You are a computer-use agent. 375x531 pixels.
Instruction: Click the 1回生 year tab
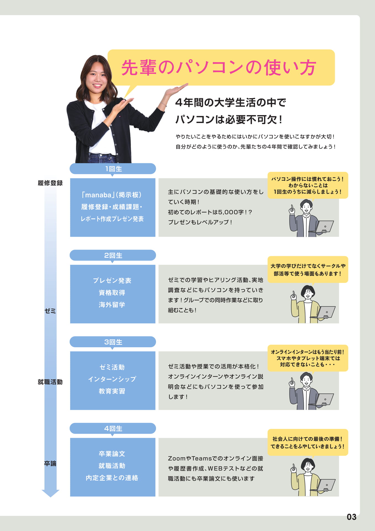click(113, 169)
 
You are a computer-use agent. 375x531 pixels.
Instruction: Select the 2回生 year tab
click(113, 255)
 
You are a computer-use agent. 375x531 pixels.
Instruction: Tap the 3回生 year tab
click(113, 342)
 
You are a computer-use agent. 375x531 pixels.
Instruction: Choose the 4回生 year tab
click(113, 428)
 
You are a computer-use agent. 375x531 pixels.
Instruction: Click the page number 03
click(352, 517)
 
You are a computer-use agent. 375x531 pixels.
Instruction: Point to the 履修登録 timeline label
click(50, 183)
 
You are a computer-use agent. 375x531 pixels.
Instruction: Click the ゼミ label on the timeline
click(50, 311)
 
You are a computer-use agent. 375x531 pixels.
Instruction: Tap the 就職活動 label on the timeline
click(50, 382)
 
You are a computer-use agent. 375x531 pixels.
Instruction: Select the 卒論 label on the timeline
click(50, 464)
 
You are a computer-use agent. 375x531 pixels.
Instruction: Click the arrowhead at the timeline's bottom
click(51, 493)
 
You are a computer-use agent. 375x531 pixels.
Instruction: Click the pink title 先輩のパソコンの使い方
click(219, 67)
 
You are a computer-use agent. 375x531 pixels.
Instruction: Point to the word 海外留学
click(112, 305)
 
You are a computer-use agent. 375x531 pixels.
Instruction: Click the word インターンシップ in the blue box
click(112, 379)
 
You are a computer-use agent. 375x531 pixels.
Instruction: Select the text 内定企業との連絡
click(112, 478)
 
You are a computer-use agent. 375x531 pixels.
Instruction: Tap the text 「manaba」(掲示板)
click(112, 195)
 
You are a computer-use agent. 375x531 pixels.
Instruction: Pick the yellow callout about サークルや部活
click(308, 270)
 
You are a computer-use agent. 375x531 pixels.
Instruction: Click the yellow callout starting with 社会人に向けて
click(308, 442)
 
